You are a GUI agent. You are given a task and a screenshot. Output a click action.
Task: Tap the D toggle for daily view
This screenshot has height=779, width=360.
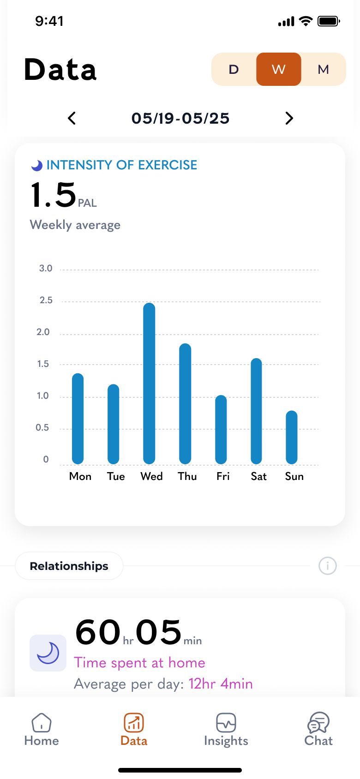tap(234, 69)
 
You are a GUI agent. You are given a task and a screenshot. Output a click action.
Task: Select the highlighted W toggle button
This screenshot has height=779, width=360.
tap(278, 69)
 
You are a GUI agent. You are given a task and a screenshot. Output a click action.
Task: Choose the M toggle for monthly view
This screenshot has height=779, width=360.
tap(323, 69)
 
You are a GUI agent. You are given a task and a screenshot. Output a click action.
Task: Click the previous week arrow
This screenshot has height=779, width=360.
tap(72, 118)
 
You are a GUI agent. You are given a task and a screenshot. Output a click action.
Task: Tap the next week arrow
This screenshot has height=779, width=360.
tap(289, 118)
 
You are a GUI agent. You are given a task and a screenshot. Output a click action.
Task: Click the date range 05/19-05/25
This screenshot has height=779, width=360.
tap(180, 118)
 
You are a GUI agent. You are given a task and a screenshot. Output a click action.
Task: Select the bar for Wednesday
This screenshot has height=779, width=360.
tap(149, 383)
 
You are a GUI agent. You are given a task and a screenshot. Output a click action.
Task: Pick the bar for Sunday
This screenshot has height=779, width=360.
tap(292, 437)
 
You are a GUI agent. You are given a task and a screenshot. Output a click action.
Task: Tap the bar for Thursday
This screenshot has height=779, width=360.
tap(185, 403)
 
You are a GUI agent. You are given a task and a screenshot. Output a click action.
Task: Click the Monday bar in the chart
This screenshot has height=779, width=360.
tap(78, 419)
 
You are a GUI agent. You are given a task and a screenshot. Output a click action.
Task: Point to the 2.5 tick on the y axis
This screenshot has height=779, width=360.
tap(46, 300)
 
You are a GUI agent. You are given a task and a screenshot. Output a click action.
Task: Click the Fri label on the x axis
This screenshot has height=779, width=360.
tap(223, 476)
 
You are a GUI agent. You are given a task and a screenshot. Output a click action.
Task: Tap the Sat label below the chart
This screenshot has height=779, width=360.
tap(258, 476)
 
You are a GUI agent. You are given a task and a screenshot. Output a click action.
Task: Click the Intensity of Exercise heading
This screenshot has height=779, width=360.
tap(121, 165)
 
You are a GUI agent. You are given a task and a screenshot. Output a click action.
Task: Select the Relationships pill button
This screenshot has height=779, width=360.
tap(69, 566)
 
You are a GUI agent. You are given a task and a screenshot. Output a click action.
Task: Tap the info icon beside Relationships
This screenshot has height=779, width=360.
tap(328, 566)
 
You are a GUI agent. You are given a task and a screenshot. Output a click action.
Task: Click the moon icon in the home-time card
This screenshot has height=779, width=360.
tap(48, 653)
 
